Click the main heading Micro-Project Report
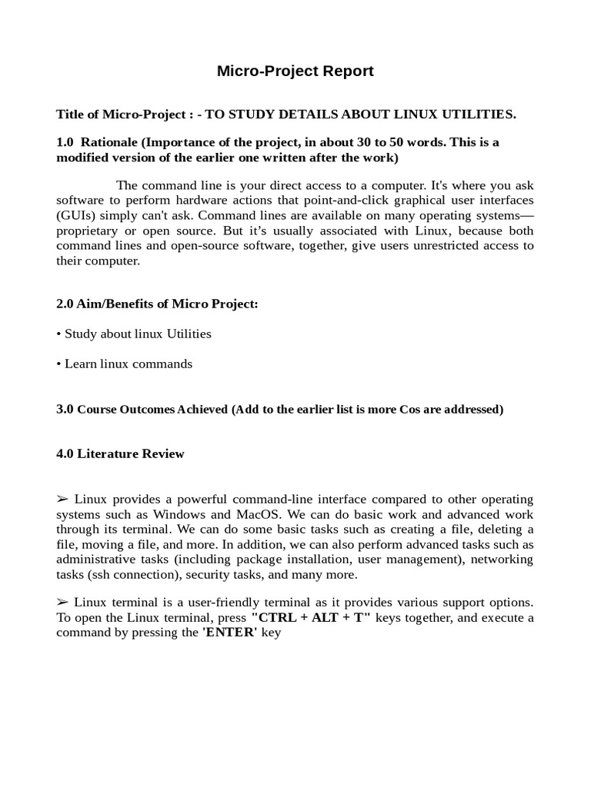[x=295, y=71]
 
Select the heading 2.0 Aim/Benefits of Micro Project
[x=157, y=304]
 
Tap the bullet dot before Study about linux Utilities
[x=58, y=334]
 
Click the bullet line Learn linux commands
[x=125, y=364]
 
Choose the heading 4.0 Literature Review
[x=120, y=453]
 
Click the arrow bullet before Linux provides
[x=62, y=500]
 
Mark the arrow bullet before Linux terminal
[x=62, y=603]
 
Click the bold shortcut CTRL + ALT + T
[x=311, y=618]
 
